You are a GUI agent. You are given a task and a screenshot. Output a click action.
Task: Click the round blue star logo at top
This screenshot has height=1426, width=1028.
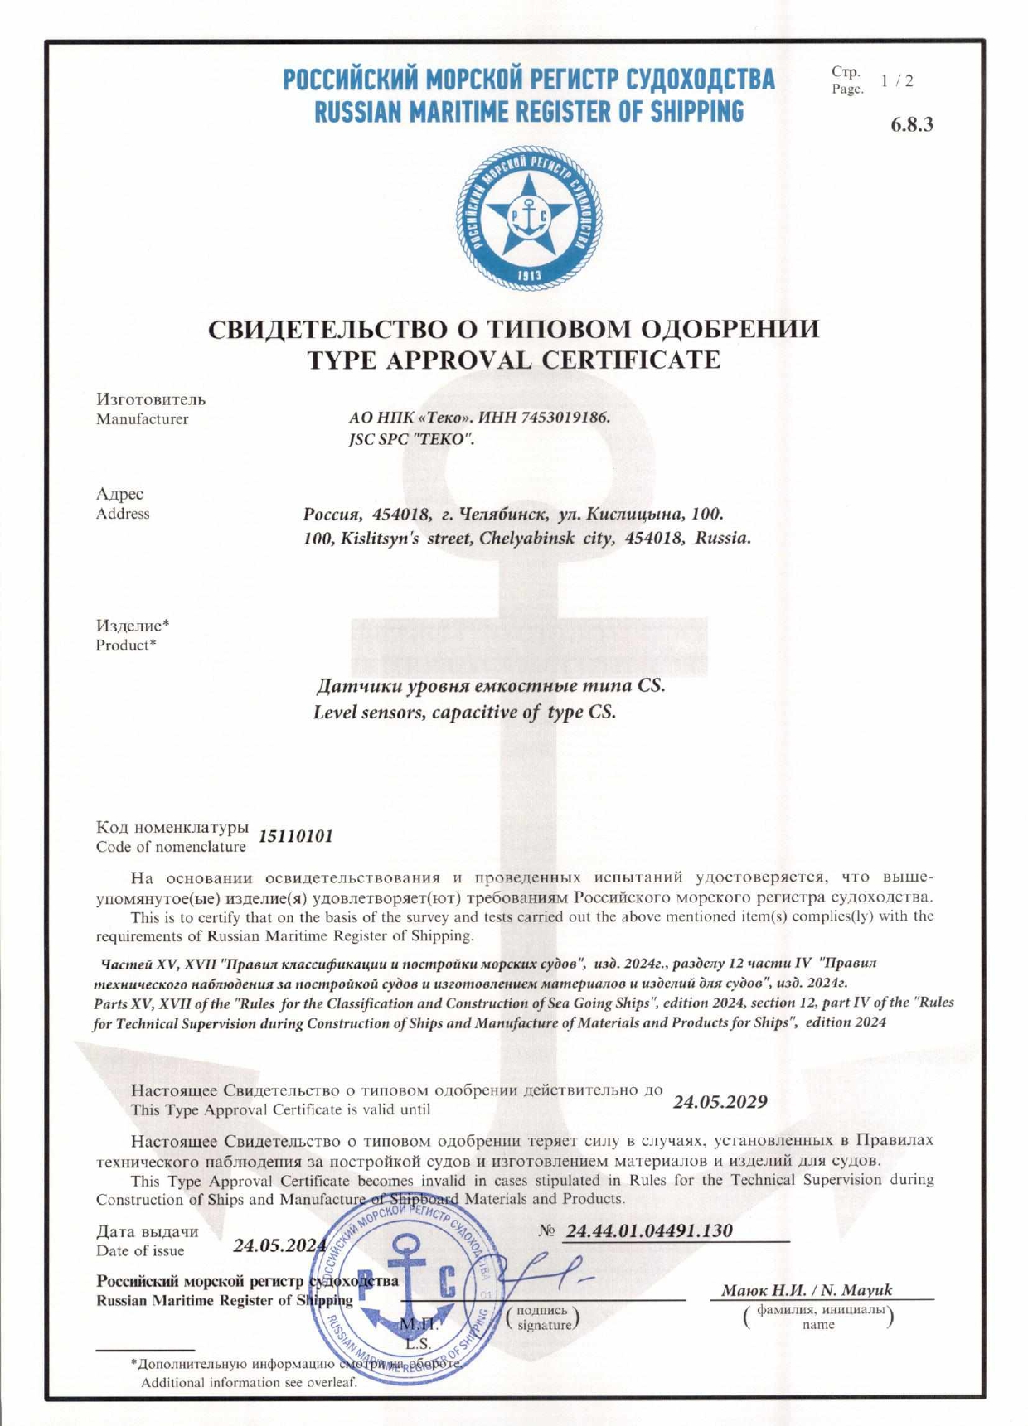click(529, 218)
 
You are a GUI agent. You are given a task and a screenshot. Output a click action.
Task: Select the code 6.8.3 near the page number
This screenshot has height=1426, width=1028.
click(912, 124)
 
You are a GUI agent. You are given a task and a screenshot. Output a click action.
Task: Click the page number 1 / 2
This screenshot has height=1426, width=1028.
click(897, 80)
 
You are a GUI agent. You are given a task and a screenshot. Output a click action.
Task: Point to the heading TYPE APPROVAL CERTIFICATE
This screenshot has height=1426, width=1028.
click(514, 360)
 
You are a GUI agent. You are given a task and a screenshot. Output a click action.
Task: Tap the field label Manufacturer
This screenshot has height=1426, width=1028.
click(142, 419)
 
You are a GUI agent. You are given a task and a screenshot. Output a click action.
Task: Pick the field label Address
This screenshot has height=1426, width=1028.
click(123, 514)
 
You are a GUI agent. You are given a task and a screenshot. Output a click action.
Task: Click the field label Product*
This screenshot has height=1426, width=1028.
click(126, 645)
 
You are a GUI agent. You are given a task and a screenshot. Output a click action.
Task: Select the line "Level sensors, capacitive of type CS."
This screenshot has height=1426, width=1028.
click(464, 712)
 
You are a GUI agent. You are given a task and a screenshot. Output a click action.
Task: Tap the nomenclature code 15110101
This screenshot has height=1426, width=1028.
click(296, 836)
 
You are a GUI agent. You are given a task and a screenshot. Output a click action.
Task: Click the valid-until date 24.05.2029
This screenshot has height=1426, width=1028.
click(720, 1102)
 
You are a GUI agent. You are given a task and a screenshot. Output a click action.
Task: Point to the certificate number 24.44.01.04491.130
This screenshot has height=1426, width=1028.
click(649, 1230)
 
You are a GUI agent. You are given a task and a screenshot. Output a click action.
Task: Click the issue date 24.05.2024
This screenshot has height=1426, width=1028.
click(279, 1245)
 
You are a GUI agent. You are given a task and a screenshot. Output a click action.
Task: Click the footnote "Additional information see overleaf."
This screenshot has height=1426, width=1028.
click(249, 1382)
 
